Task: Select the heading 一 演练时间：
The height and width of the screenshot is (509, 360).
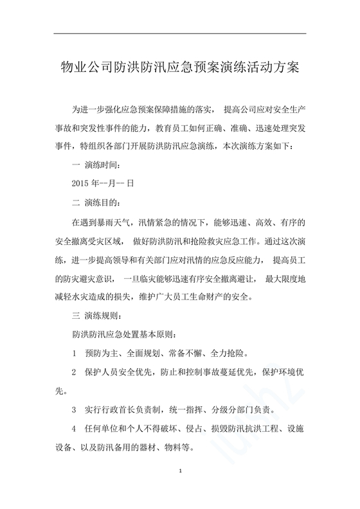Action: point(95,164)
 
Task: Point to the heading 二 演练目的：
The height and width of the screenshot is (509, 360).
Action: point(95,202)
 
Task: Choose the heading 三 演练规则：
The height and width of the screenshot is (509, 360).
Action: point(95,316)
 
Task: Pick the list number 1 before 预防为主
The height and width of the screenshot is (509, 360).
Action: point(75,353)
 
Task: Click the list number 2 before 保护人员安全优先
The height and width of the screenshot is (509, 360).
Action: point(75,372)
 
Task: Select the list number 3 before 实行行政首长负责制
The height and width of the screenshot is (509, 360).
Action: point(75,409)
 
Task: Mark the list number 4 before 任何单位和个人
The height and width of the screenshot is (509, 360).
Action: point(75,429)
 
